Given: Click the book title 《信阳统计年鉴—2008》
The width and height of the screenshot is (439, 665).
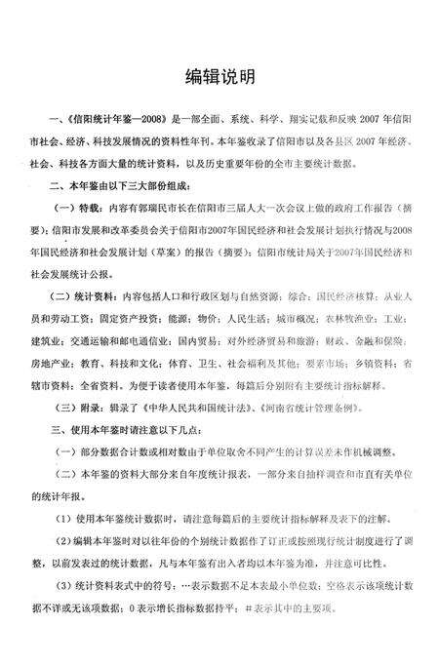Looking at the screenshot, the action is pos(114,116).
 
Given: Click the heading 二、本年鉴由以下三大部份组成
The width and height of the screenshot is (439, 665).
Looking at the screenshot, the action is pos(131,184).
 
